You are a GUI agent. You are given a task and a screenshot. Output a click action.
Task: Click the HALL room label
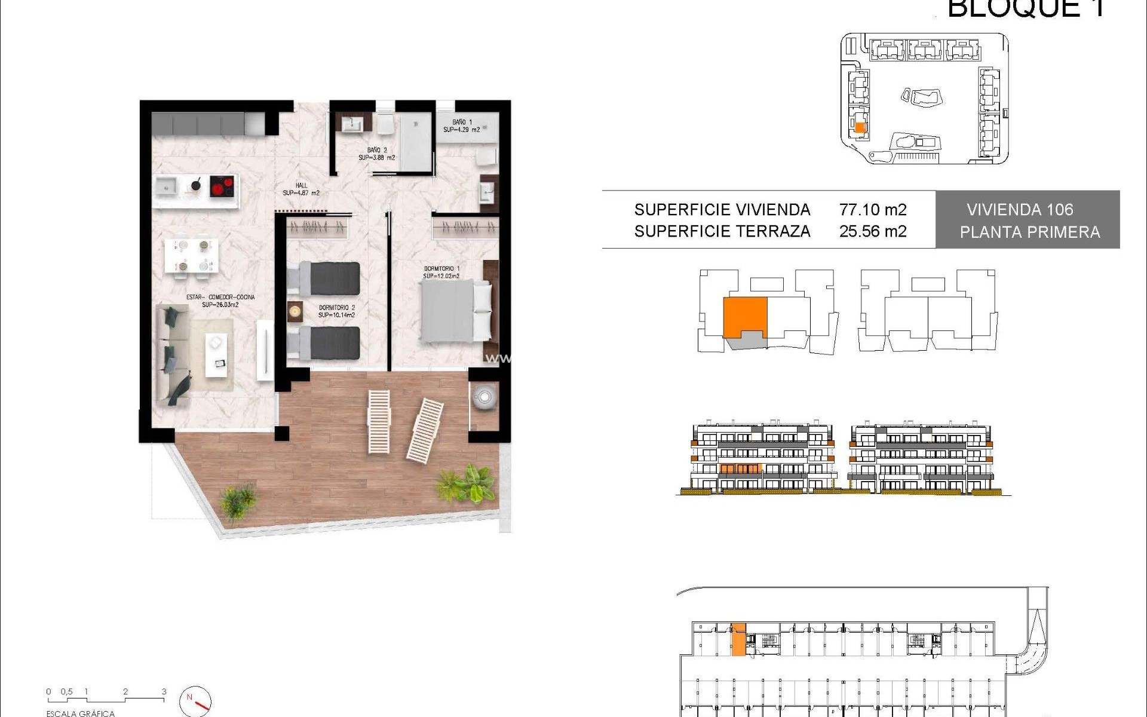[x=301, y=189]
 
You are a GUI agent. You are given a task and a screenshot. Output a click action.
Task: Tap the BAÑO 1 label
[x=461, y=126]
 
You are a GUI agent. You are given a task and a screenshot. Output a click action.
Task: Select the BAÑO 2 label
[x=377, y=154]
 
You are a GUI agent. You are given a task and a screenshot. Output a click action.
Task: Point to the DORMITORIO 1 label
[x=441, y=272]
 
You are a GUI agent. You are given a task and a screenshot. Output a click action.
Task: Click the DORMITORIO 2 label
[x=336, y=311]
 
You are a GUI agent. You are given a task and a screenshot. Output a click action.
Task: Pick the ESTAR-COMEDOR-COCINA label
[x=220, y=301]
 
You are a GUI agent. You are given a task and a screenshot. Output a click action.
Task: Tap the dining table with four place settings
[x=191, y=255]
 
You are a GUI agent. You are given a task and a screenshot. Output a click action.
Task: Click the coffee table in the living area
[x=216, y=354]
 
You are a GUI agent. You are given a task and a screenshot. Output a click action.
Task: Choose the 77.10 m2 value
[x=872, y=210]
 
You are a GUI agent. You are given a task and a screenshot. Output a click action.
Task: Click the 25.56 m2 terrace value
[x=872, y=231]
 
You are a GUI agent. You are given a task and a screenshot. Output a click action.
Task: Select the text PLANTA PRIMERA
[x=1029, y=232]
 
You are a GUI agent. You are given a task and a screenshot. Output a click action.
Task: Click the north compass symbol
[x=195, y=700]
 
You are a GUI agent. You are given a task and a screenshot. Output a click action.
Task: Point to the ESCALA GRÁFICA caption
[x=80, y=713]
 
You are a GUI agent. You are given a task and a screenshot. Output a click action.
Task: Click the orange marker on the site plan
[x=860, y=127]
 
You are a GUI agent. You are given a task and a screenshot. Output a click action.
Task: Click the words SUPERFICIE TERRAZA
[x=722, y=231]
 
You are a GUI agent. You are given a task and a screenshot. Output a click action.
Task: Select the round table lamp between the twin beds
[x=295, y=311]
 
